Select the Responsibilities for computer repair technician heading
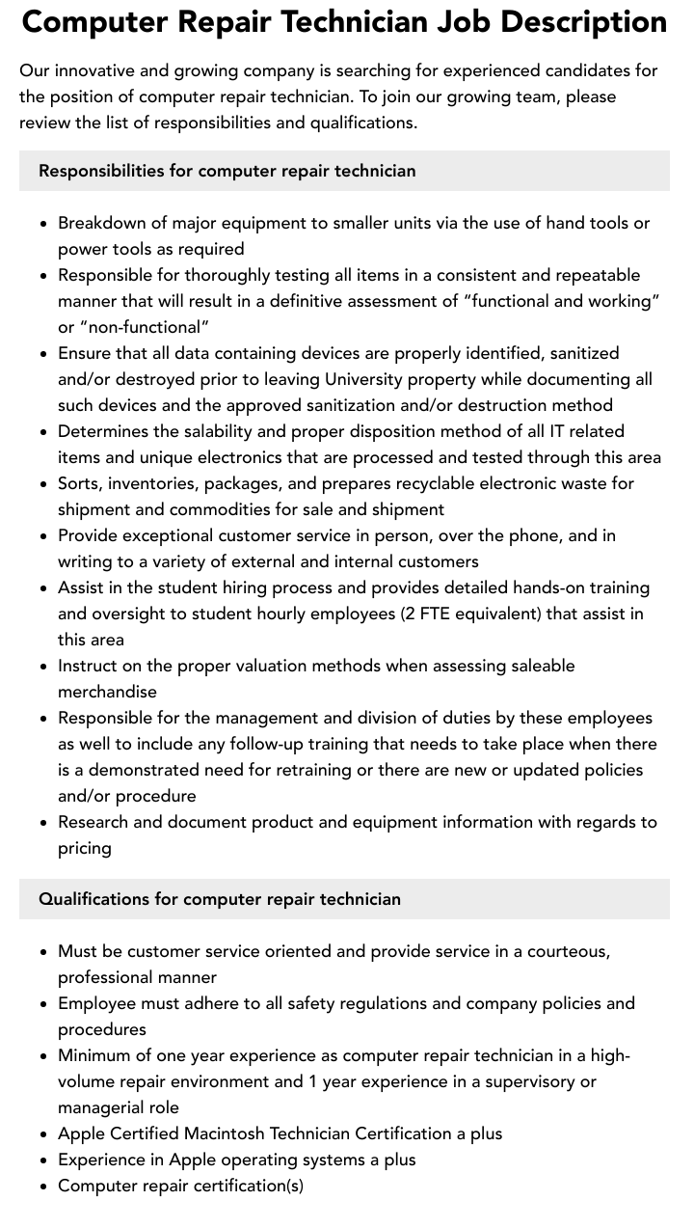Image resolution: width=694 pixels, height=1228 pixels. point(227,171)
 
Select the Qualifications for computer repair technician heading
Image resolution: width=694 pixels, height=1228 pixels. point(220,899)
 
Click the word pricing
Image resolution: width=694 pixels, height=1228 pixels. point(85,848)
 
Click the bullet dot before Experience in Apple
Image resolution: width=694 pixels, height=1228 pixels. point(44,1160)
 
